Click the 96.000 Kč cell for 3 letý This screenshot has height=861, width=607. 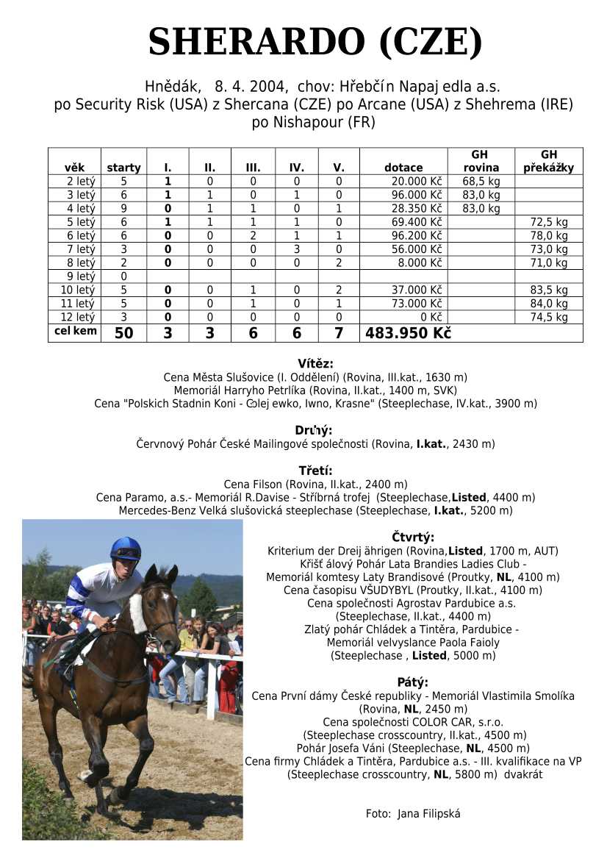point(417,195)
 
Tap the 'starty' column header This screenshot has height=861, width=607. point(123,168)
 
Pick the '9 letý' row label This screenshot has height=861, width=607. point(81,276)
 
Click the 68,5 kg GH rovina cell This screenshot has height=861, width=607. point(481,181)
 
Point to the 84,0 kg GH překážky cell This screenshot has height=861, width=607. point(549,304)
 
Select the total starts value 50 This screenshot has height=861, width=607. point(124,333)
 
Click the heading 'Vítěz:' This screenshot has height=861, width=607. point(315,364)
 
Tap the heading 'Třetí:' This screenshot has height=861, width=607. point(315,471)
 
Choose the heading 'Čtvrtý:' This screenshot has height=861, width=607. point(413,537)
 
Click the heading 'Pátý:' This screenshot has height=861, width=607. point(412,682)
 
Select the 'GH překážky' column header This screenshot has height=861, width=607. point(548,161)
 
